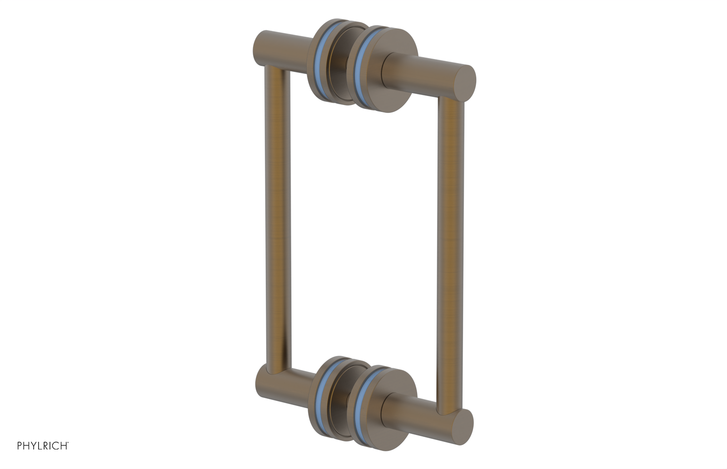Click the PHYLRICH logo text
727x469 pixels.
[43, 446]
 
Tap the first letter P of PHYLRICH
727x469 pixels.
[20, 446]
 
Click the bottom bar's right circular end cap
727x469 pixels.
[462, 424]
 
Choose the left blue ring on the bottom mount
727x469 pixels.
[324, 395]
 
